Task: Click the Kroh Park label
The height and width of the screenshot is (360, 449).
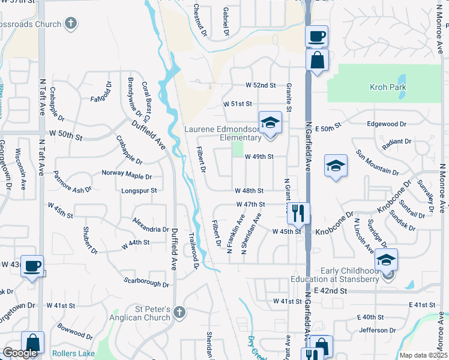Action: pos(388,87)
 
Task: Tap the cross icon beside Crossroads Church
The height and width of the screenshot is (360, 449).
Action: pos(71,24)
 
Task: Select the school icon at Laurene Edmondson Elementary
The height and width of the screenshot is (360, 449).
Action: pos(270,123)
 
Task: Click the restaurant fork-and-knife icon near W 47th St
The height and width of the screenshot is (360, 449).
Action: pos(298,212)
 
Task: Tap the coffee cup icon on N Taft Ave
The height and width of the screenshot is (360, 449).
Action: pos(32,265)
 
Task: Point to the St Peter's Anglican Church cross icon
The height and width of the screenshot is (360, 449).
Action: pos(179,312)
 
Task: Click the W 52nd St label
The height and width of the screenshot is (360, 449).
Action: pos(260,86)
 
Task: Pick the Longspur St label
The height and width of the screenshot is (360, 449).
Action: pos(139,191)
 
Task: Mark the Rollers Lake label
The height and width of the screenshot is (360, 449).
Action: pos(73,353)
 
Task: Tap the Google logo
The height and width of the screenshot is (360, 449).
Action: pos(20,353)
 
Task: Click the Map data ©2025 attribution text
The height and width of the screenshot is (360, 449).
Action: pos(423,355)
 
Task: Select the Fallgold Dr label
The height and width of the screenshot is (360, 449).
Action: pos(101,94)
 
